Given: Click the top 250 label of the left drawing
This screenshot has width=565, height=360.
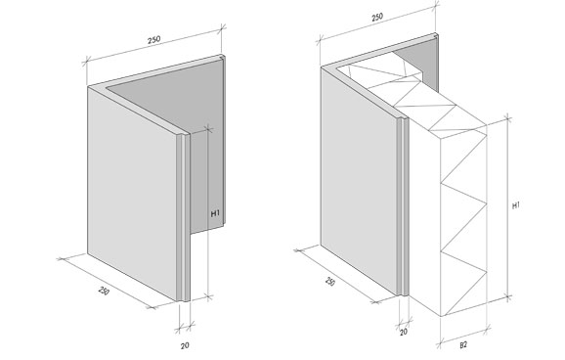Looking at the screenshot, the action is click(x=153, y=39).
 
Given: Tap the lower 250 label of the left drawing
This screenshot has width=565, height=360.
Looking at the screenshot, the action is click(x=104, y=291).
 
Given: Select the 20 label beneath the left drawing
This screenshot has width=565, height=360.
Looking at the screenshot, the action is click(x=185, y=345).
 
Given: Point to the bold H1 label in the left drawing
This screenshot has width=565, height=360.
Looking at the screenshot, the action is click(x=215, y=213).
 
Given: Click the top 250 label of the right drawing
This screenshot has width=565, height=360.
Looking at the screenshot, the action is click(x=377, y=17).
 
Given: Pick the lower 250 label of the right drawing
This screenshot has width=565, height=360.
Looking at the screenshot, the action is click(x=330, y=282).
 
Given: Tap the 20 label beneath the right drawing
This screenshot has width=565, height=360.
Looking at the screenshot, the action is click(x=404, y=332).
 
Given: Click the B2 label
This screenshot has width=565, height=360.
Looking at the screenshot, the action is click(x=463, y=345).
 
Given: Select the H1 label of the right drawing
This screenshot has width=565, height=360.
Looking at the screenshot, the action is click(x=516, y=205).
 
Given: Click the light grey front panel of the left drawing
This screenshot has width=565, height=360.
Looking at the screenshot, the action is click(x=133, y=191).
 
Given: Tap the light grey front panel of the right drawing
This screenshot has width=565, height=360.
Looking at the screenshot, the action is click(x=360, y=180).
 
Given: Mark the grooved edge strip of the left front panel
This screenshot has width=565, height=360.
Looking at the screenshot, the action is click(x=184, y=217).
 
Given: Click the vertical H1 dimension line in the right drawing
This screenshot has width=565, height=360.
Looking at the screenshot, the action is click(x=508, y=207).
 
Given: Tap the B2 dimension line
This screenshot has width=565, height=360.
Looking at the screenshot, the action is click(x=463, y=336).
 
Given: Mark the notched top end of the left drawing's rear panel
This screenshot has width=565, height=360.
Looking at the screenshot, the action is click(x=223, y=57).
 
